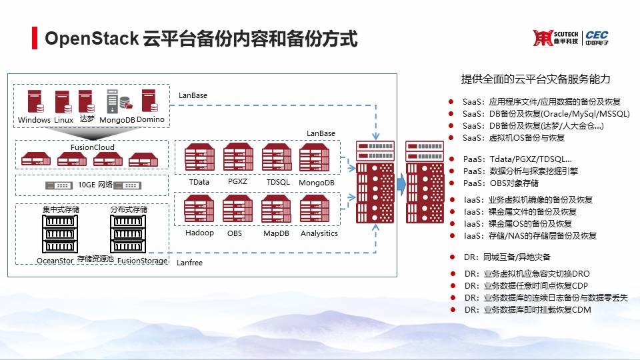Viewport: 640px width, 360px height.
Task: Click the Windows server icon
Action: (35, 102)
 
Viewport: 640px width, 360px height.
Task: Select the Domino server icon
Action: (148, 101)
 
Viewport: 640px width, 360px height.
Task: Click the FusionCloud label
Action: (92, 147)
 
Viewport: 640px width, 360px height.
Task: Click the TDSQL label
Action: (277, 182)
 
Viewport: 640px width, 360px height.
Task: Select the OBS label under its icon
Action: (235, 233)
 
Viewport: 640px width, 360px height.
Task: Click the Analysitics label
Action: (319, 233)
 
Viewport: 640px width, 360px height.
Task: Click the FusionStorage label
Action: (142, 261)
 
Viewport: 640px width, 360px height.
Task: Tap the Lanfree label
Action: (190, 263)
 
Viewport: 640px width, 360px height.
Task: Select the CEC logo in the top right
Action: (596, 38)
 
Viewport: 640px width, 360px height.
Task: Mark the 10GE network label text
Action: (85, 185)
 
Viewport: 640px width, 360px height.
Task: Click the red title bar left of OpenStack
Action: (35, 38)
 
